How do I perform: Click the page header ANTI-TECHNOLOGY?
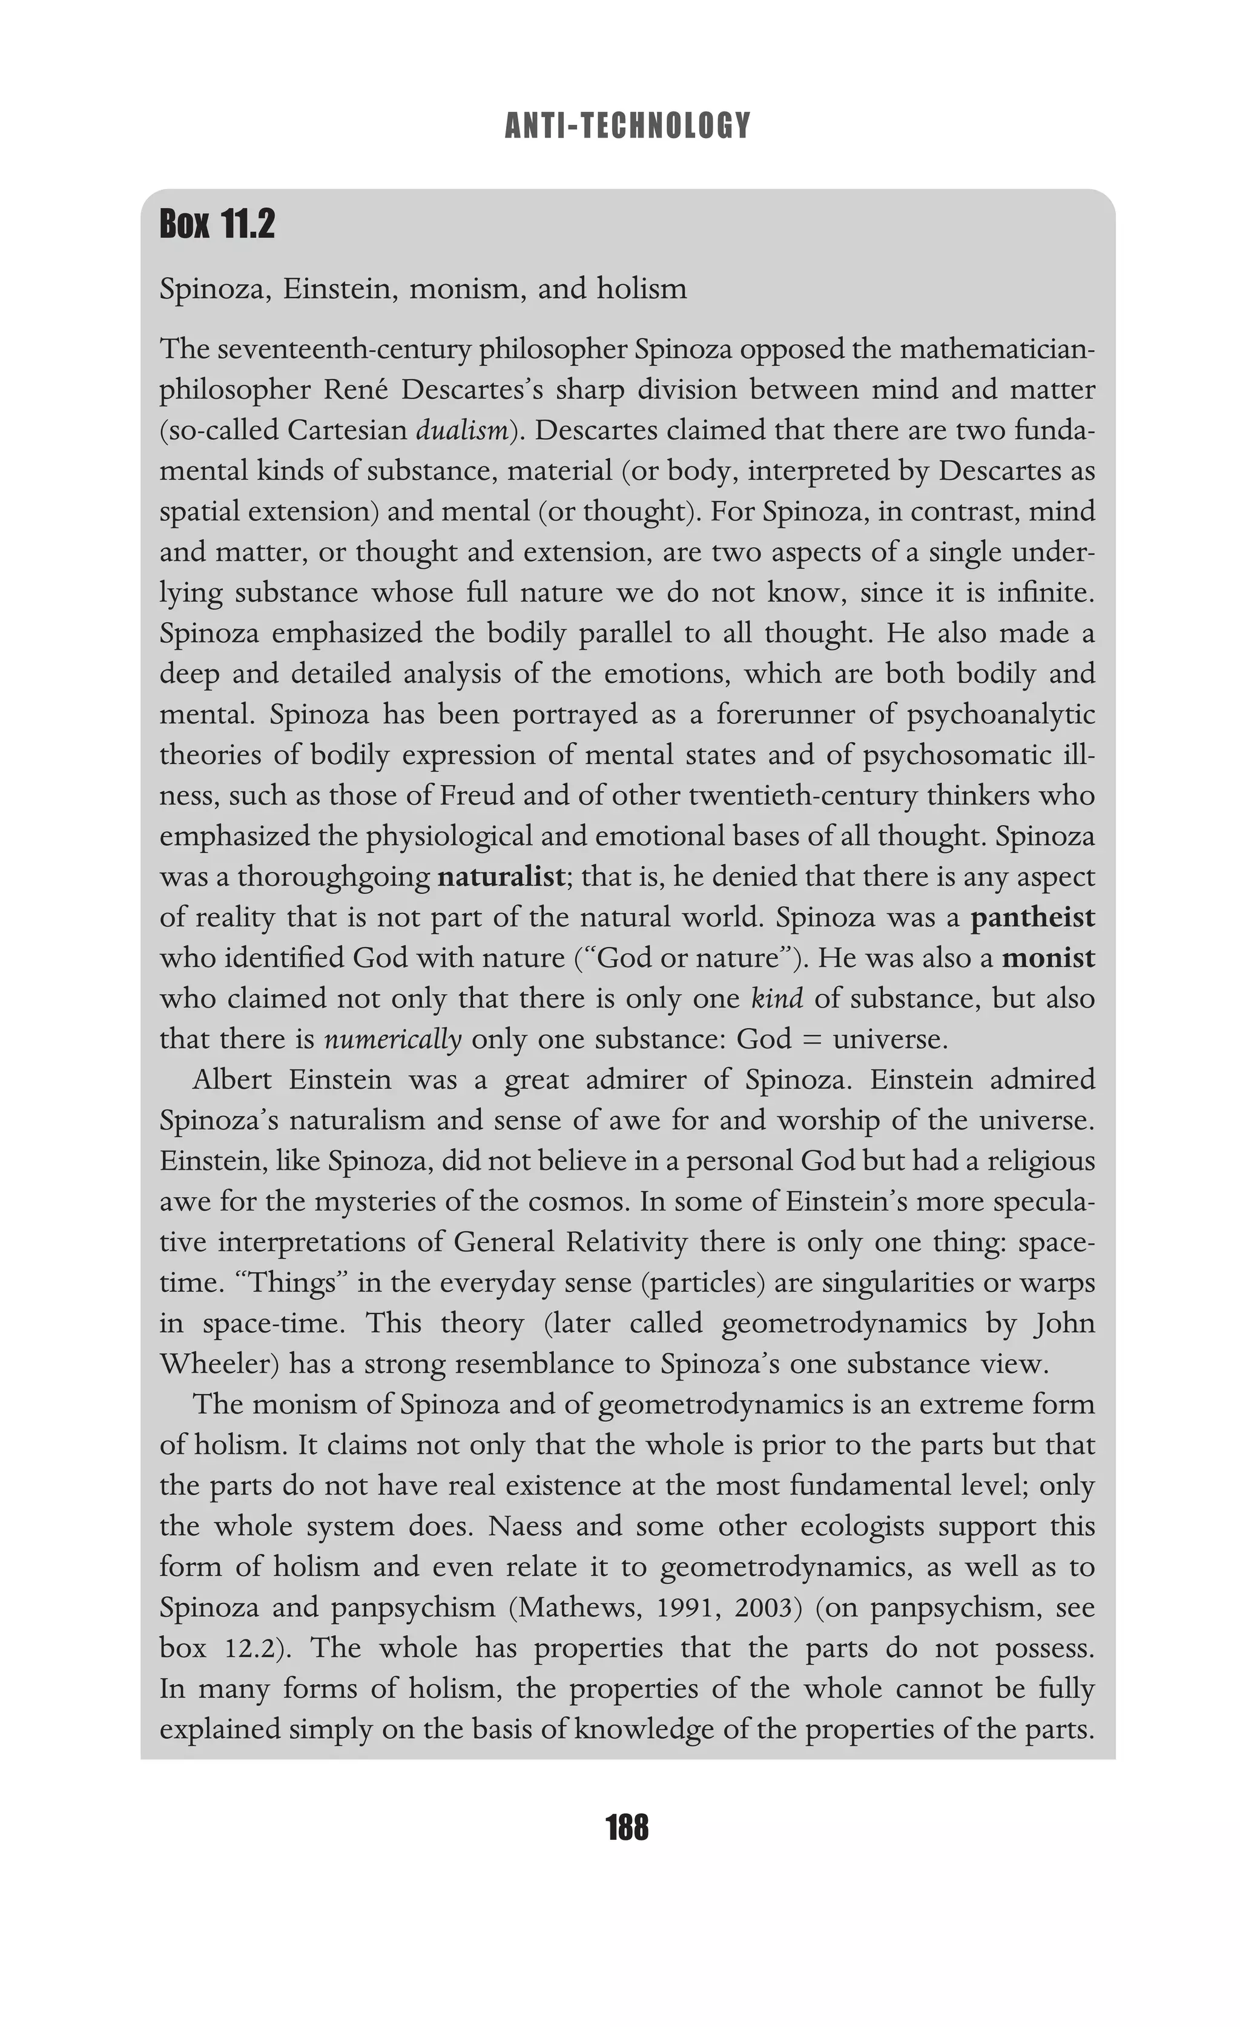pyautogui.click(x=627, y=126)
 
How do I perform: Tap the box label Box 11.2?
pyautogui.click(x=217, y=225)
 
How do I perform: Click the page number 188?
pyautogui.click(x=627, y=1828)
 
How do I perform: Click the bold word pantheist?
pyautogui.click(x=1033, y=917)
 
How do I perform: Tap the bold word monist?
pyautogui.click(x=1049, y=958)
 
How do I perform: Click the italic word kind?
pyautogui.click(x=777, y=999)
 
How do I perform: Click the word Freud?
pyautogui.click(x=476, y=796)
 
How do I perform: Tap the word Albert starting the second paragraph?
pyautogui.click(x=232, y=1080)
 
